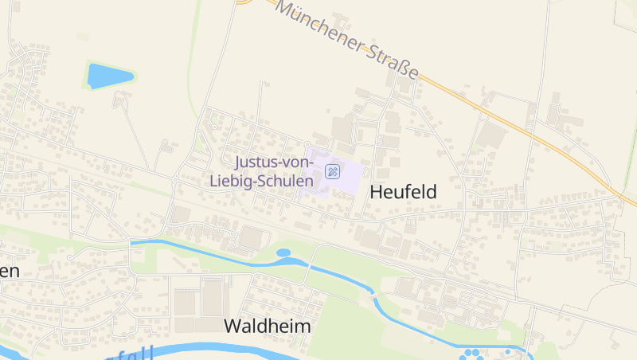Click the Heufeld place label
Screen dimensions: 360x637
404,193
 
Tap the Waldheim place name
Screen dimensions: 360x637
267,327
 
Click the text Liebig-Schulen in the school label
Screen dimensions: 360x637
260,181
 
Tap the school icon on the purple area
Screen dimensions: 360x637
332,170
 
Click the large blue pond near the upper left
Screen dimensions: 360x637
107,76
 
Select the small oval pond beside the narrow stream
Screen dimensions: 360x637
283,253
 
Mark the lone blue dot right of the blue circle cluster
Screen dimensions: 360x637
508,351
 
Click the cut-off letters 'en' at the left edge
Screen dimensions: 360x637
8,271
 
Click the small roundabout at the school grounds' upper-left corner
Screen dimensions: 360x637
307,143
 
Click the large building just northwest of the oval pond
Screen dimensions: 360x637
253,237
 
